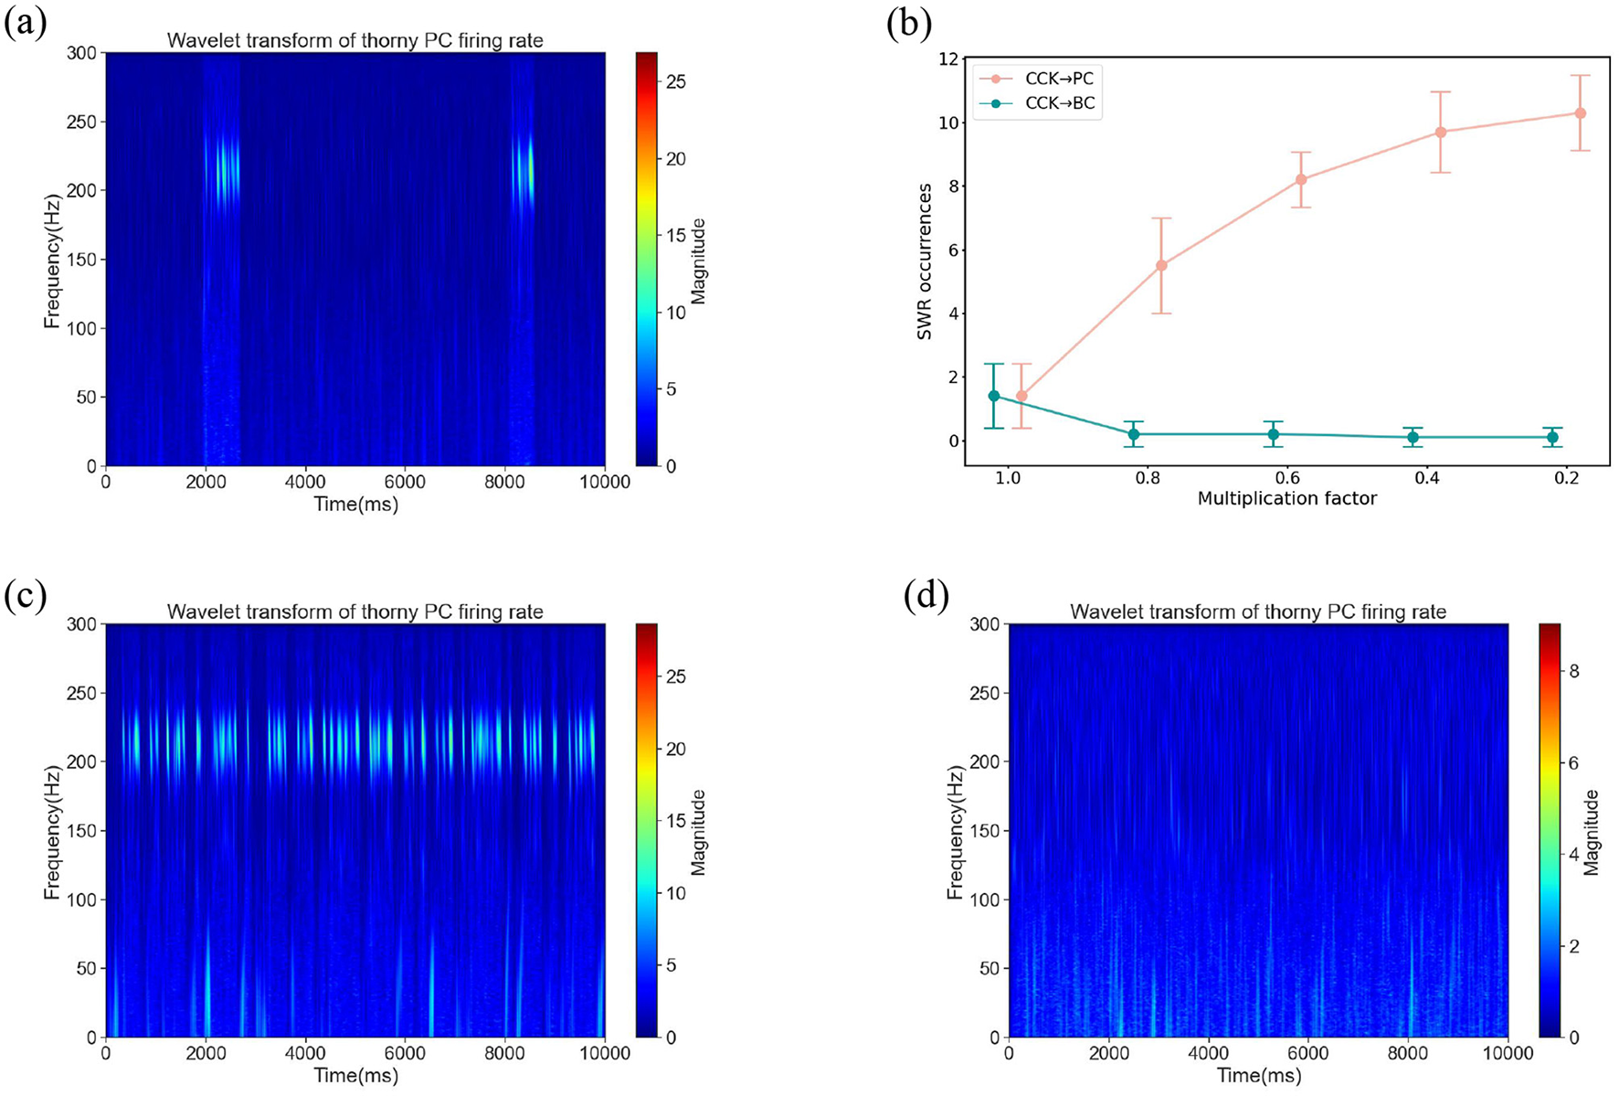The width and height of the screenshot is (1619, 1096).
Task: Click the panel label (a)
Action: pyautogui.click(x=25, y=23)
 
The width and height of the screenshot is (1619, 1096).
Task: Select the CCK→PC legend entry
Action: pyautogui.click(x=1058, y=79)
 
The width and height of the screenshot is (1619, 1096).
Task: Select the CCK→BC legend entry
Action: pyautogui.click(x=1058, y=103)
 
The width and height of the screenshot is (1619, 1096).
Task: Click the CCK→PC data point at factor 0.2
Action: pyautogui.click(x=1580, y=113)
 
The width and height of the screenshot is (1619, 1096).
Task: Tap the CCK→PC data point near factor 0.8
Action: pyautogui.click(x=1161, y=265)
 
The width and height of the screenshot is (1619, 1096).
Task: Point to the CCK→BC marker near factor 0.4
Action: pyautogui.click(x=1413, y=437)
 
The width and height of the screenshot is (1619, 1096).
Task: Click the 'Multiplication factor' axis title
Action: pyautogui.click(x=1286, y=498)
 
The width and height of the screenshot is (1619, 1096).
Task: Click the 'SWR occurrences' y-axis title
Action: pyautogui.click(x=925, y=261)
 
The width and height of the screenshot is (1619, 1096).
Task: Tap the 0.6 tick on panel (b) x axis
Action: pyautogui.click(x=1286, y=477)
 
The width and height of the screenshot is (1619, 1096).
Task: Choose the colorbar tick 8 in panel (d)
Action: pyautogui.click(x=1574, y=671)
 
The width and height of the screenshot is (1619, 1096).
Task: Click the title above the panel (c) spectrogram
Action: pyautogui.click(x=354, y=612)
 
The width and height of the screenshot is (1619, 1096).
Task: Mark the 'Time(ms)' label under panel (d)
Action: pyautogui.click(x=1258, y=1075)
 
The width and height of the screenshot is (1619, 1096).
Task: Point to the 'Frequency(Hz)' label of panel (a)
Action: pyautogui.click(x=51, y=261)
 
